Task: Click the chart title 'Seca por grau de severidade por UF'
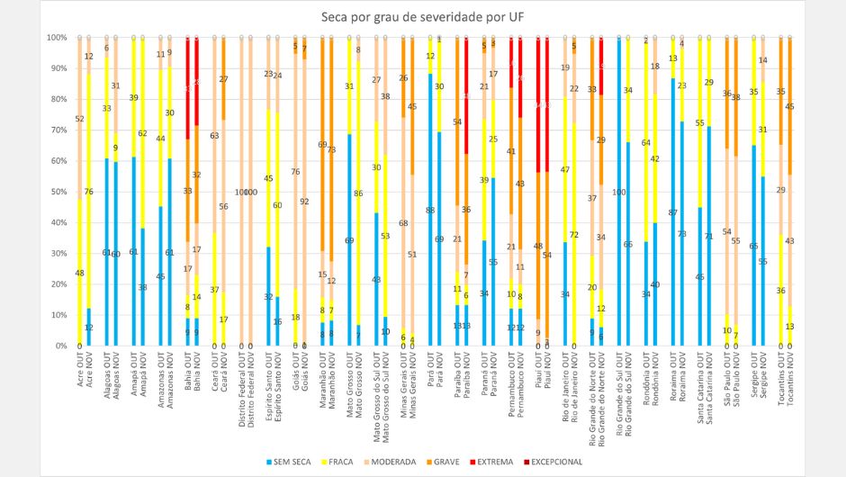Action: [x=422, y=17]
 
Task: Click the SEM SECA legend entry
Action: [x=299, y=462]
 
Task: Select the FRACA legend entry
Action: [x=354, y=462]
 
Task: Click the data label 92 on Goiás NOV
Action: [x=304, y=202]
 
